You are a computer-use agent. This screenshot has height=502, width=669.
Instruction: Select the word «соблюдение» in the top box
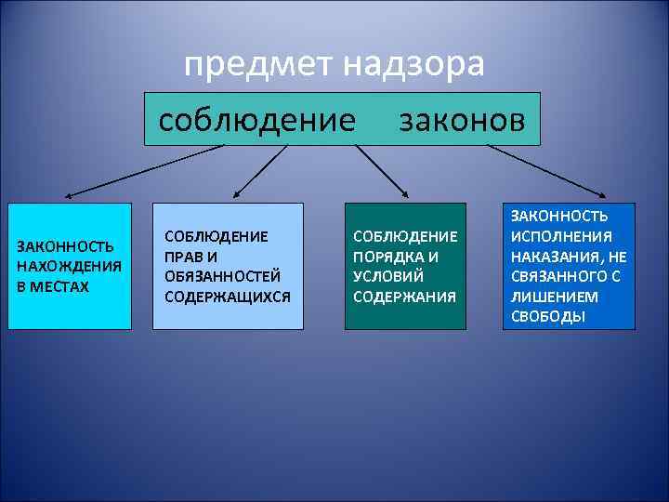pos(257,120)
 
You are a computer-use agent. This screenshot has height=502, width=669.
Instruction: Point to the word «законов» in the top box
pos(462,120)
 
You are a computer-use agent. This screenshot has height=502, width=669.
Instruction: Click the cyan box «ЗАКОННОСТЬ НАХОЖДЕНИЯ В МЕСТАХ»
pos(70,266)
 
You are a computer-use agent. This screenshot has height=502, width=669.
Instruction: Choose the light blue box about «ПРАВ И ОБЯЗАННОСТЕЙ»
pos(228,266)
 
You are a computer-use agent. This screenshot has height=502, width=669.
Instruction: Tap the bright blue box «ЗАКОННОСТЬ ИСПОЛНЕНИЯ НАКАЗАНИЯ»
pos(570,266)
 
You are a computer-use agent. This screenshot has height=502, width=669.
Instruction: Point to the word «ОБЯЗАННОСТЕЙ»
pos(221,276)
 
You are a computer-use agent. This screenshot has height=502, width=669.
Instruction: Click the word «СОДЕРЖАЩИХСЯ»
pos(227,297)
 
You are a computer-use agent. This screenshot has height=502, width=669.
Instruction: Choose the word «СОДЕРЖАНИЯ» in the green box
pos(404,297)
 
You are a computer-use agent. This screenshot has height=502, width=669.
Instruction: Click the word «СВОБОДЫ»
pos(548,317)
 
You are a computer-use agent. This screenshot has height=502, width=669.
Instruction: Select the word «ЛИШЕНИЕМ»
pos(547,297)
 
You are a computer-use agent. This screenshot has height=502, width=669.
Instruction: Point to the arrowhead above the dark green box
pos(405,193)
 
